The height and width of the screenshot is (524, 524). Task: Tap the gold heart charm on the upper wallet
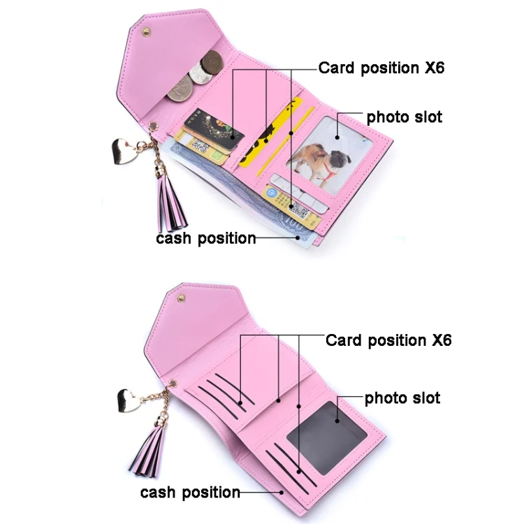(124, 152)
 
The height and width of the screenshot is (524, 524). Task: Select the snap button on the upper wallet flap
(146, 32)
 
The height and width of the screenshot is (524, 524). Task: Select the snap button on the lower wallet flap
(182, 298)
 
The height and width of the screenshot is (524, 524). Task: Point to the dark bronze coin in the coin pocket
(212, 61)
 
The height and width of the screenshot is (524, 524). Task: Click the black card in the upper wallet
(214, 129)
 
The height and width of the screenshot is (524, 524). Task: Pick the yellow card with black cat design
(271, 133)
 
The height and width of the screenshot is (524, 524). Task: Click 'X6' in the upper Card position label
(435, 68)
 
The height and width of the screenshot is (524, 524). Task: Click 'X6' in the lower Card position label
(442, 340)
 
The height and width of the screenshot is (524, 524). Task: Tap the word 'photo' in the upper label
(388, 117)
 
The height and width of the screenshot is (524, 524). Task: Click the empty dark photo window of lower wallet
(327, 438)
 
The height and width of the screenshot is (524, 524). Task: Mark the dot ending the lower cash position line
(282, 493)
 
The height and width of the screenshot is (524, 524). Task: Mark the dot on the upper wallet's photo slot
(337, 138)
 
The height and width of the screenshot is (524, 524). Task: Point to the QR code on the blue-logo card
(298, 210)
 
